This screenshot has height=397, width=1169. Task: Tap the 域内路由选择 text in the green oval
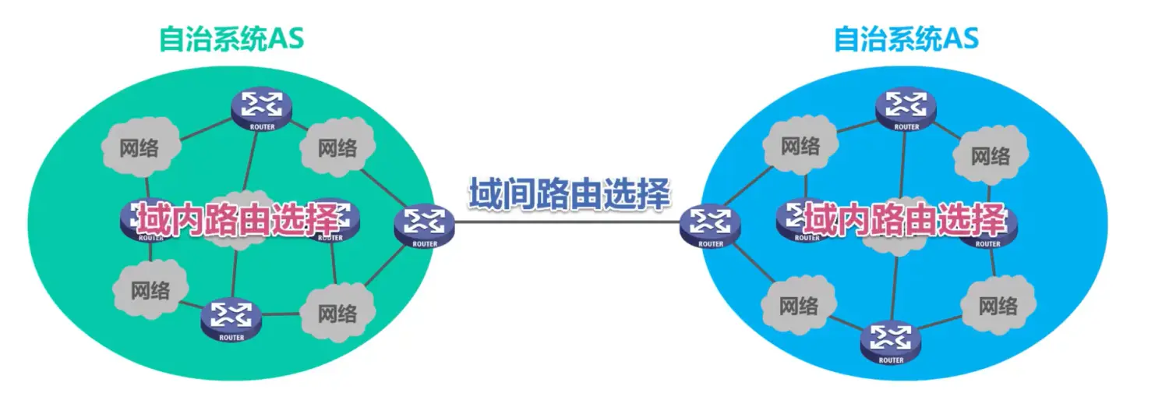[238, 220]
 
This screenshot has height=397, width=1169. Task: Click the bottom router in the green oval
[231, 318]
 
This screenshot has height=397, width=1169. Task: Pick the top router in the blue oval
[906, 108]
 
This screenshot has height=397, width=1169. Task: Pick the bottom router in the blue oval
[890, 341]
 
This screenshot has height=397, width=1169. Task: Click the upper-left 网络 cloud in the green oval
[140, 147]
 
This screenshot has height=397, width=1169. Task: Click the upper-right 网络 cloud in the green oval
[337, 147]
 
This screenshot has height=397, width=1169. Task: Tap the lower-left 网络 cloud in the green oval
[150, 291]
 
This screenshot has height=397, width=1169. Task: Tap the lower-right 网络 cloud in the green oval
[337, 314]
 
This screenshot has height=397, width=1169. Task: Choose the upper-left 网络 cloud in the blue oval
[800, 146]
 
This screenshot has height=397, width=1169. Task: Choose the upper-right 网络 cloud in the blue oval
[991, 156]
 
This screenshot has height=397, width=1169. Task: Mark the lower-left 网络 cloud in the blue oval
[799, 305]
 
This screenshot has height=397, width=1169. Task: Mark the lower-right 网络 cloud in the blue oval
[998, 305]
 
